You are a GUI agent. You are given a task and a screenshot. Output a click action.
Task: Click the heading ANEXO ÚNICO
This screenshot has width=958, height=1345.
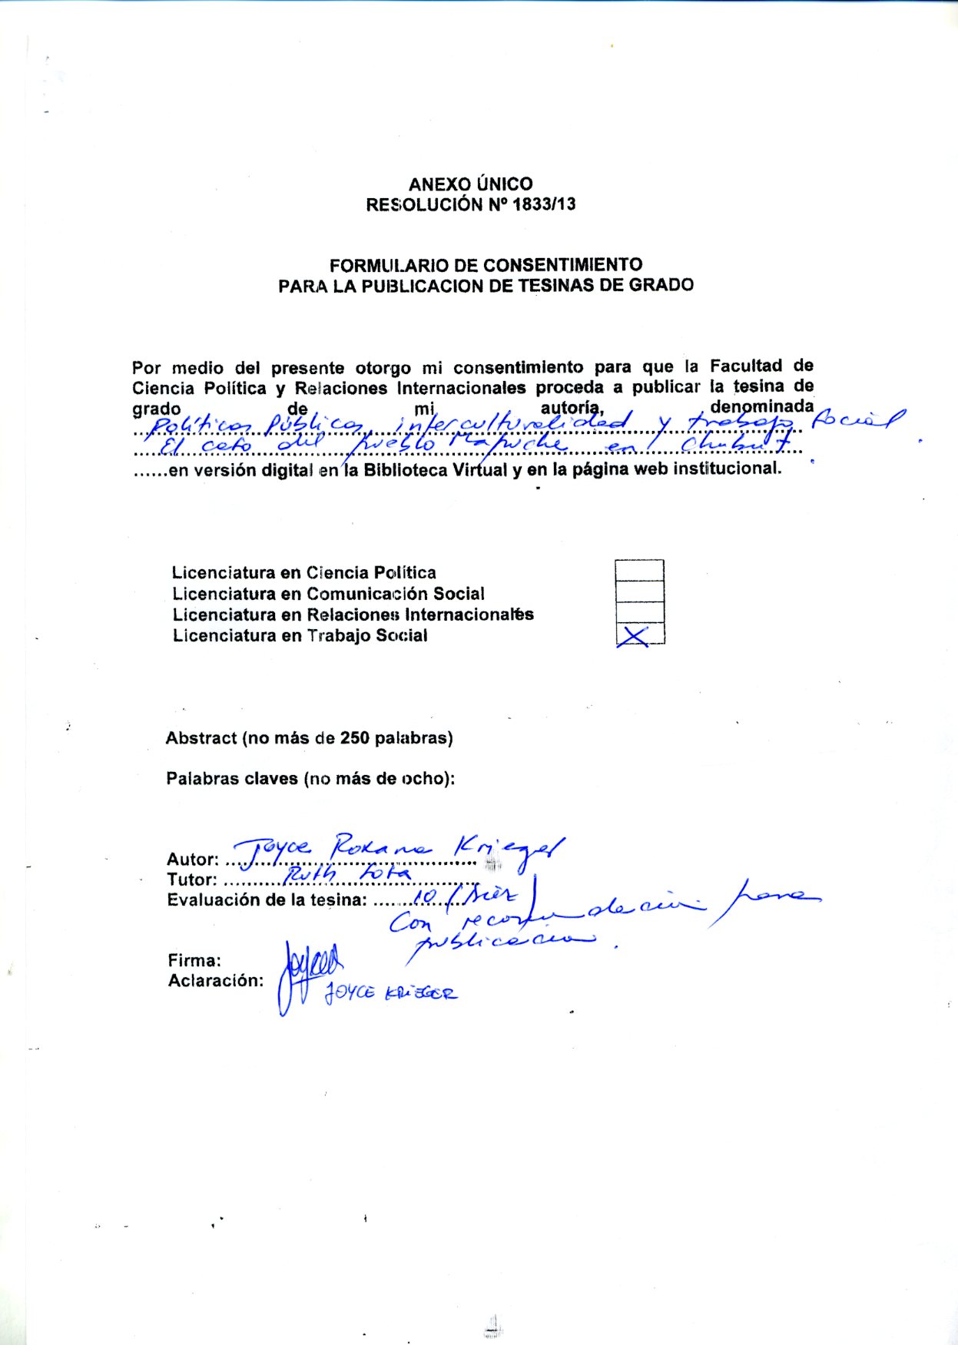click(x=470, y=184)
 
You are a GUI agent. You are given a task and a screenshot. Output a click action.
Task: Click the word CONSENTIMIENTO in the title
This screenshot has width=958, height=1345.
click(x=562, y=265)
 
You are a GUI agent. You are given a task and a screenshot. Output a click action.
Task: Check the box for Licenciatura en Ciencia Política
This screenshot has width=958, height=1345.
click(x=639, y=571)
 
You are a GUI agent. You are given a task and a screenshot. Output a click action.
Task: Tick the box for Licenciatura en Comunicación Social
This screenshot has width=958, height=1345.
click(x=639, y=591)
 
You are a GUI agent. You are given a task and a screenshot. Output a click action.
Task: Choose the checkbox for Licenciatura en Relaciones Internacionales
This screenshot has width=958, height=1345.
click(x=639, y=612)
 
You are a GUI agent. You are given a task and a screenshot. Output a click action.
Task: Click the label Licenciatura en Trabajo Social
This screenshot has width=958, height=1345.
click(x=300, y=636)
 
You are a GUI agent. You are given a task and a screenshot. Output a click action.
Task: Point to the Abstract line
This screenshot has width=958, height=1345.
click(x=309, y=738)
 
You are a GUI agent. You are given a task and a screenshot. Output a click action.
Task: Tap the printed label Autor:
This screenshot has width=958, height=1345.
click(x=193, y=860)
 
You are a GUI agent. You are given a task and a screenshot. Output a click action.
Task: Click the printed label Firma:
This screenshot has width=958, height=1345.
click(x=194, y=960)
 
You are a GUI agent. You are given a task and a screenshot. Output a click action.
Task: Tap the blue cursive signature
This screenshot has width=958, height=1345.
click(x=307, y=972)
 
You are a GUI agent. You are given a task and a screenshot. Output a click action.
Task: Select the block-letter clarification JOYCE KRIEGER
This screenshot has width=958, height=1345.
click(x=390, y=992)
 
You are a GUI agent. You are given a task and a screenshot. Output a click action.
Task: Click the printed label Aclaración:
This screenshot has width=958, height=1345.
click(x=215, y=981)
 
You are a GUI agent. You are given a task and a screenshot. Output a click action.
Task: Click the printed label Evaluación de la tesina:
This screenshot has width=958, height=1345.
click(x=267, y=900)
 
